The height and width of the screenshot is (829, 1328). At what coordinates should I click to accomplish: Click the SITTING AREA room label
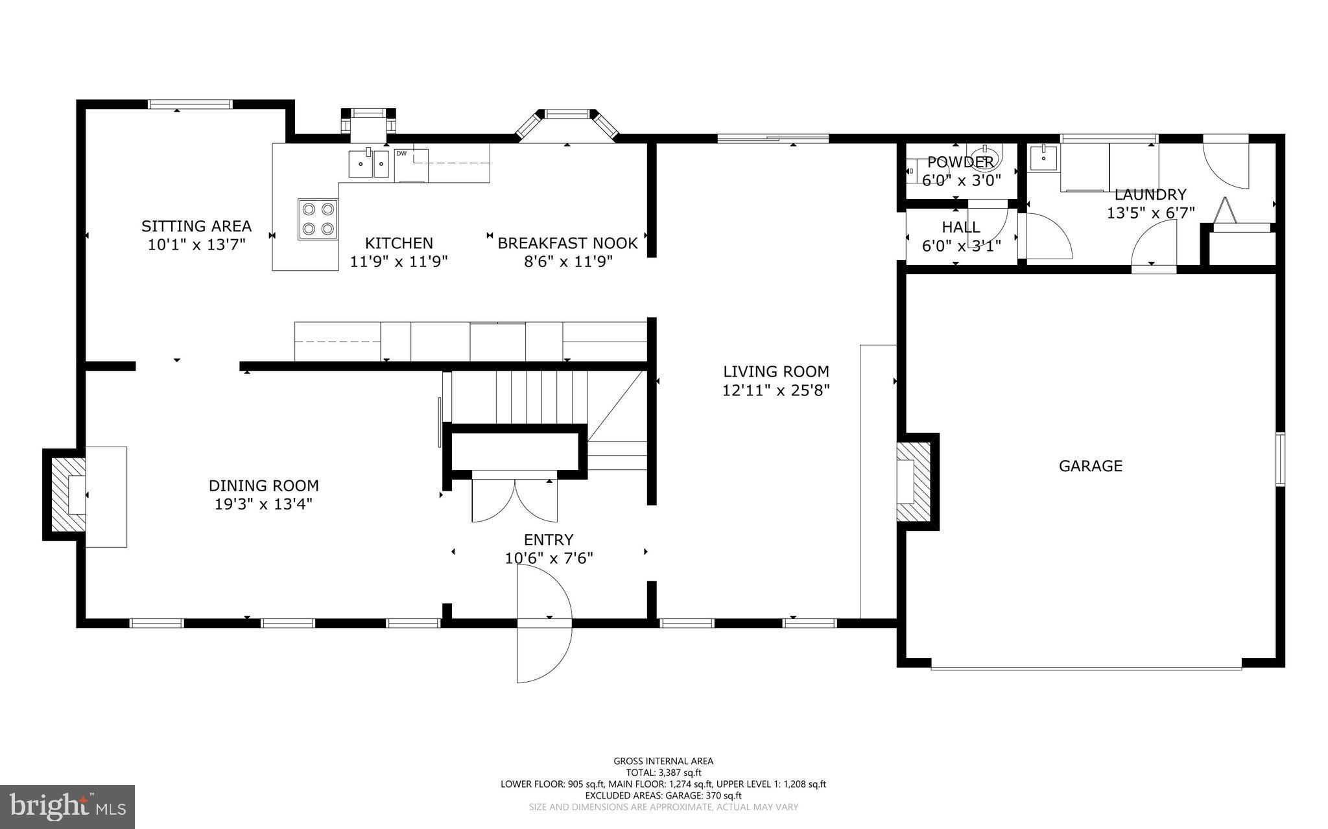tap(196, 226)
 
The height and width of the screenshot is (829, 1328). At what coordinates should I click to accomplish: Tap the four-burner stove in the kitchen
tap(318, 219)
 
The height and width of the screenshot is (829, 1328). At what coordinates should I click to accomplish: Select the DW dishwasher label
tap(401, 154)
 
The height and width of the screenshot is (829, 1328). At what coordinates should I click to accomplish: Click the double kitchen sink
tap(368, 163)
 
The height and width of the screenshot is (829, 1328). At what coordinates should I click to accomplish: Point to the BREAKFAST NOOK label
tap(567, 243)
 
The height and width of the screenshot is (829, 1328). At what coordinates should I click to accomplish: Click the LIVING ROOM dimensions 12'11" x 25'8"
tap(776, 390)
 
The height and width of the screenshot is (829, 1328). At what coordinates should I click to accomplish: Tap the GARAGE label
tap(1090, 465)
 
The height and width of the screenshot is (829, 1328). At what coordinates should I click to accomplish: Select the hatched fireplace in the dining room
tap(68, 495)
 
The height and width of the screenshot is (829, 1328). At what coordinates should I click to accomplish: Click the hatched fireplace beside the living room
tap(914, 481)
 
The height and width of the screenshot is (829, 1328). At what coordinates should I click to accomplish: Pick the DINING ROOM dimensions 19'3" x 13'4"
tap(264, 504)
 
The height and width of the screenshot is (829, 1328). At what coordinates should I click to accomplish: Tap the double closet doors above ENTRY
tap(514, 500)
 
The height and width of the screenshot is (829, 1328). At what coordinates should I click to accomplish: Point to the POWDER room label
tap(960, 162)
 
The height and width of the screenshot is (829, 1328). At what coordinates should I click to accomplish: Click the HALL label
tap(961, 227)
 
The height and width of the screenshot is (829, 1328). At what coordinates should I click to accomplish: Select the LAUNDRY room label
tap(1150, 194)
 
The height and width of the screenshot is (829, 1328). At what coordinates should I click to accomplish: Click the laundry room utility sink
tap(1043, 158)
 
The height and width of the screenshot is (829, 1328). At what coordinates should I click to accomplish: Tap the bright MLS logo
tap(67, 806)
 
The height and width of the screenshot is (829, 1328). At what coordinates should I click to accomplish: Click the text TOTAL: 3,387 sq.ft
tap(663, 773)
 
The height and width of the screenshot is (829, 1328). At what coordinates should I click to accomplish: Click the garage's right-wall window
tap(1280, 459)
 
